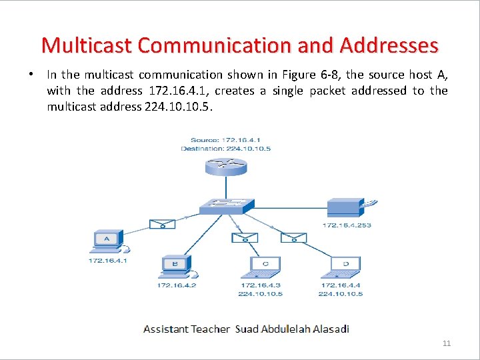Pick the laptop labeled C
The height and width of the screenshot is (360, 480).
pyautogui.click(x=265, y=267)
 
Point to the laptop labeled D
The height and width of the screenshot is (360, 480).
pyautogui.click(x=345, y=267)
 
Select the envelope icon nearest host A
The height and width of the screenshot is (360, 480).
pyautogui.click(x=162, y=223)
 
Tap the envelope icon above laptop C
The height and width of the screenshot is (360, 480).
pyautogui.click(x=245, y=237)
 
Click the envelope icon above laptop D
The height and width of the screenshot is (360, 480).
pyautogui.click(x=293, y=237)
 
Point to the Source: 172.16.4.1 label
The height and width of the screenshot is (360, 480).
pyautogui.click(x=225, y=140)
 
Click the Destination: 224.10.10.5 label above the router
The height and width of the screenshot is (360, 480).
pyautogui.click(x=225, y=149)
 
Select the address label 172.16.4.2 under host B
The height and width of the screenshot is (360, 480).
pyautogui.click(x=177, y=285)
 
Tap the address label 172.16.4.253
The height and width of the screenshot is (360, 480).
pyautogui.click(x=347, y=225)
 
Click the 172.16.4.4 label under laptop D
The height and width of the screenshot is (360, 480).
pyautogui.click(x=341, y=285)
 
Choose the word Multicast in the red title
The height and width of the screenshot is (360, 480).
pyautogui.click(x=87, y=45)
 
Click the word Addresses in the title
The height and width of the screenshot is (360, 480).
pyautogui.click(x=389, y=45)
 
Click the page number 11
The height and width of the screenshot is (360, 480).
pyautogui.click(x=447, y=343)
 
